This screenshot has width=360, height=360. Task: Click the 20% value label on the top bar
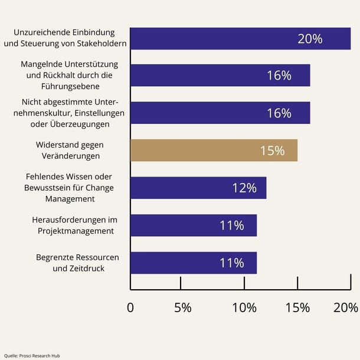coord(310,39)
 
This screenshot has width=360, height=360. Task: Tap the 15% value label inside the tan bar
coord(272,150)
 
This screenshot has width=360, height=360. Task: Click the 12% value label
coord(244,188)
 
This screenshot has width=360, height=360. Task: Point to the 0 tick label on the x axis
coord(130,307)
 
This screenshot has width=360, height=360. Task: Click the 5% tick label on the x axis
coord(182,307)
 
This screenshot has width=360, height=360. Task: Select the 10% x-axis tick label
coord(244,307)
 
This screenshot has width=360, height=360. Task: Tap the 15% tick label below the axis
coord(297,307)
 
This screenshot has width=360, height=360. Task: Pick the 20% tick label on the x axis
coord(346,307)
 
